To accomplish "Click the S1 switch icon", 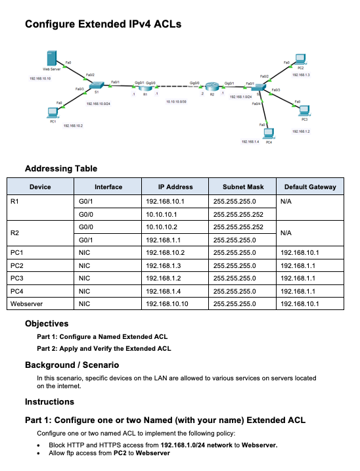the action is tap(97, 87).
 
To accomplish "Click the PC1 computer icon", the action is tap(52, 112).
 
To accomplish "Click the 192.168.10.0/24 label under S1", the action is tap(98, 104).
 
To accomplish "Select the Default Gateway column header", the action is tap(309, 187).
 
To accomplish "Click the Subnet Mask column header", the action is tap(242, 187).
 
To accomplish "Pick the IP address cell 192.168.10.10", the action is tap(167, 303).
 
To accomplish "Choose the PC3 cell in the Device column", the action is tap(18, 278).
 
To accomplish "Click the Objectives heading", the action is tap(47, 323).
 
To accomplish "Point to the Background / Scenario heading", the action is tap(72, 365).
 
